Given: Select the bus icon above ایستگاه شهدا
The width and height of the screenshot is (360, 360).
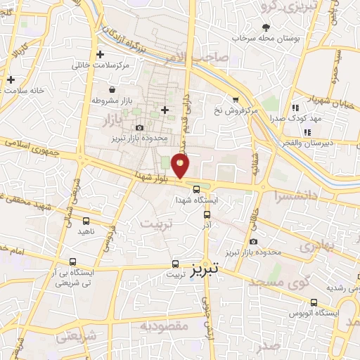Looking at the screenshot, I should click(x=197, y=188).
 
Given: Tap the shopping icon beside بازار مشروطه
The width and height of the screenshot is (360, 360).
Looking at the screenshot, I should click(x=112, y=89).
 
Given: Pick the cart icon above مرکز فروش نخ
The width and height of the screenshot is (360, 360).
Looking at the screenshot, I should click(x=237, y=100).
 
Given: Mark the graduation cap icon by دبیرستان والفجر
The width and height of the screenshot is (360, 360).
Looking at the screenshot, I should click(x=296, y=131).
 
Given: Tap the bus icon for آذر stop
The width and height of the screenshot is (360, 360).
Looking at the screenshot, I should click(x=207, y=214).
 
